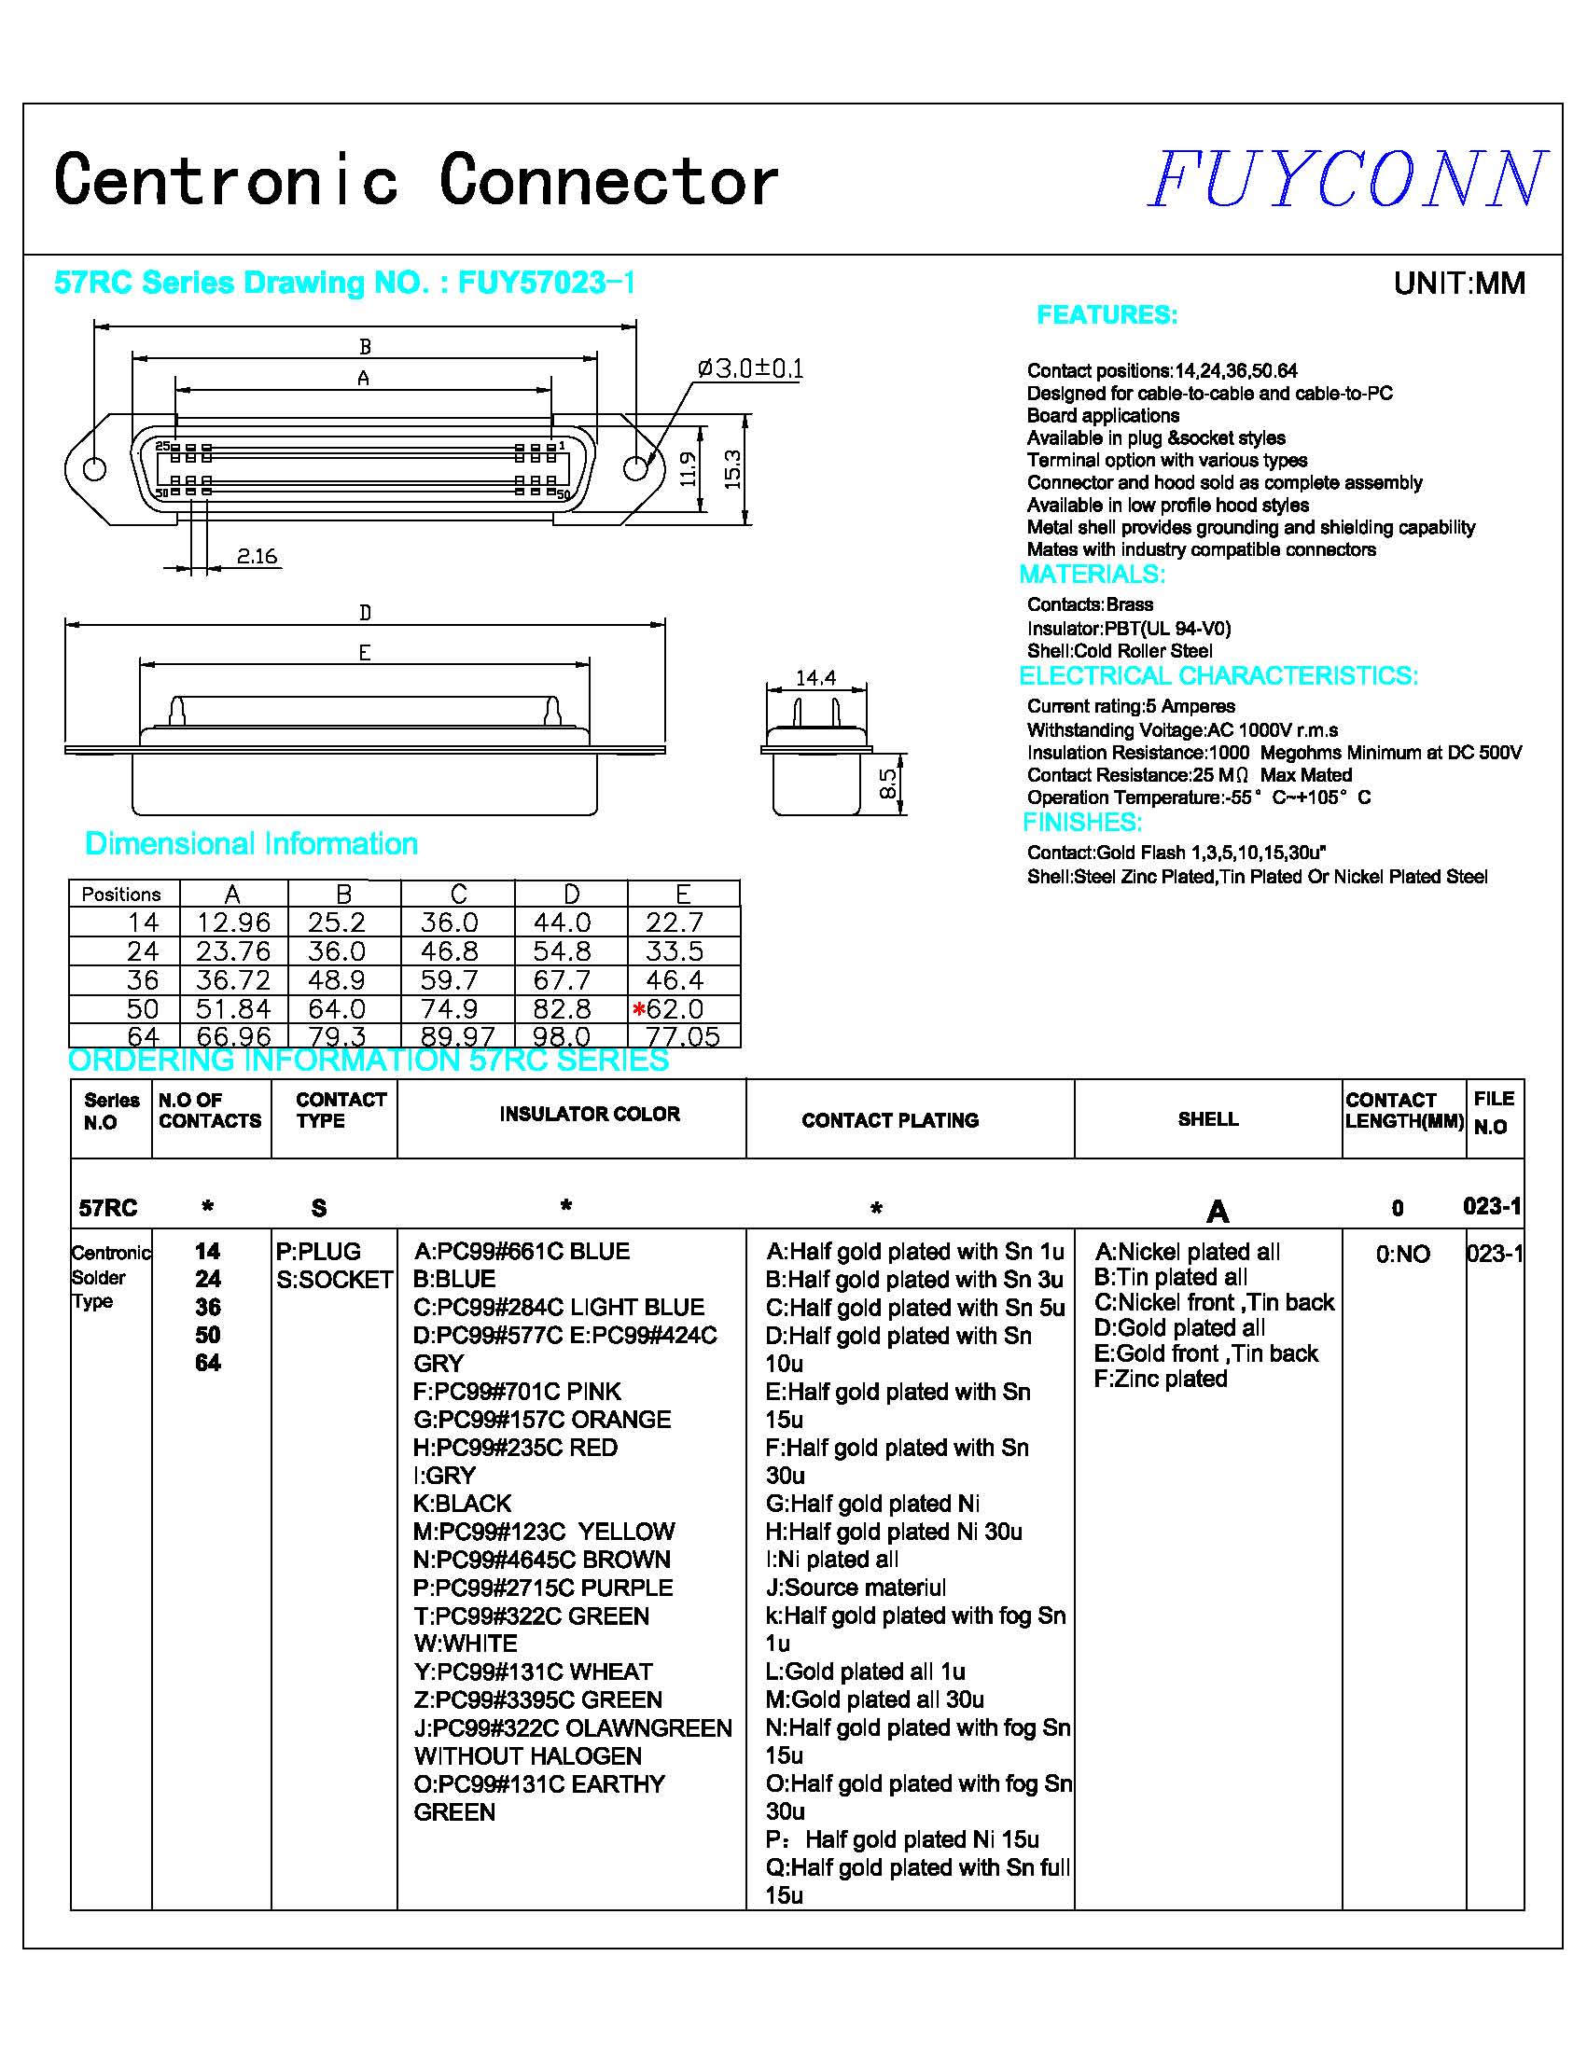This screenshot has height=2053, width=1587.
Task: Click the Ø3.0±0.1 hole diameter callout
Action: click(x=749, y=368)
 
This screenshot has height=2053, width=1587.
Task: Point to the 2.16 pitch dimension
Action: click(x=257, y=557)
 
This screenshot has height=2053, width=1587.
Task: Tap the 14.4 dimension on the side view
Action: click(x=815, y=678)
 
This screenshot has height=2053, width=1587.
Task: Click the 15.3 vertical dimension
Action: click(x=733, y=469)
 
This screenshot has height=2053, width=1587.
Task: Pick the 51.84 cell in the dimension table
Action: click(x=233, y=1008)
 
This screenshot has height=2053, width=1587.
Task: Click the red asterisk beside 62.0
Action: click(x=639, y=1009)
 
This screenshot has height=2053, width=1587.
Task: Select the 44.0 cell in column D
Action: click(x=563, y=922)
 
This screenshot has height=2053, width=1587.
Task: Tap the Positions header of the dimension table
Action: click(x=121, y=894)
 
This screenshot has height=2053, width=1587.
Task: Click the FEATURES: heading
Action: click(x=1107, y=315)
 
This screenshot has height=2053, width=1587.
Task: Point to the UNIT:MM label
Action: click(x=1459, y=283)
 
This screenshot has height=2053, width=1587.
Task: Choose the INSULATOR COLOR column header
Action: click(x=590, y=1114)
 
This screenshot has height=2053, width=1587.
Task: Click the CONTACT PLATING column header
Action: click(x=889, y=1119)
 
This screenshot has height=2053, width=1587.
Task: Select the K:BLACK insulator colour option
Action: click(x=463, y=1503)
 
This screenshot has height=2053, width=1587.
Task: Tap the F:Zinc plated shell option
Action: click(x=1162, y=1379)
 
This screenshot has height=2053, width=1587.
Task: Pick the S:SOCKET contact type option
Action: click(x=335, y=1280)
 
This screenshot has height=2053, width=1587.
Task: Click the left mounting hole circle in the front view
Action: click(x=95, y=468)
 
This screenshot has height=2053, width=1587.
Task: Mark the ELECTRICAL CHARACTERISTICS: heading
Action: click(x=1218, y=676)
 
